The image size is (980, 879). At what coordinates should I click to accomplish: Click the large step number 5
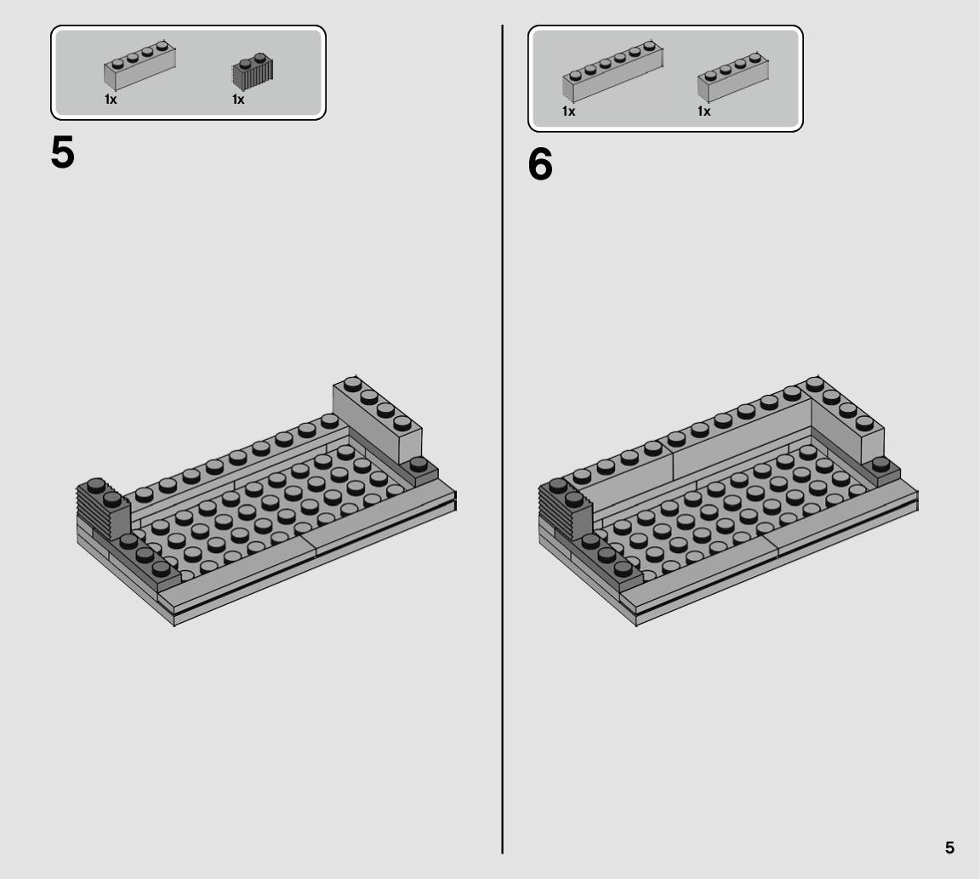pos(62,152)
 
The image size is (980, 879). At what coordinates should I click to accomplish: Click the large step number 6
pos(540,165)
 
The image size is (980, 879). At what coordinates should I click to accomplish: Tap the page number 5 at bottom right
pos(949,848)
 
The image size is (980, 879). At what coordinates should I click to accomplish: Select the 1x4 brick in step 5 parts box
pos(140,65)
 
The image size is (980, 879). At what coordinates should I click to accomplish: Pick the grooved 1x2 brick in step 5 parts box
pos(253,72)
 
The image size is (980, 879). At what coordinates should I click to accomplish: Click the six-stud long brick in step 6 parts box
pos(612,71)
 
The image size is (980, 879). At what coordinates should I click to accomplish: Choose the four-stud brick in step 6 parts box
pos(733,77)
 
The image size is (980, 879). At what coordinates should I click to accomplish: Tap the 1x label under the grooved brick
pos(238,100)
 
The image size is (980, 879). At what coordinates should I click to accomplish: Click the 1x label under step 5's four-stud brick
pos(111,100)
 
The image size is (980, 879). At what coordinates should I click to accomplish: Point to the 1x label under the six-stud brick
pos(568,111)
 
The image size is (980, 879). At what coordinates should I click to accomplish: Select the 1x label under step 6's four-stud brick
pos(704,111)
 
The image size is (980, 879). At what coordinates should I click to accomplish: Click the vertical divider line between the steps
pos(502,439)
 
